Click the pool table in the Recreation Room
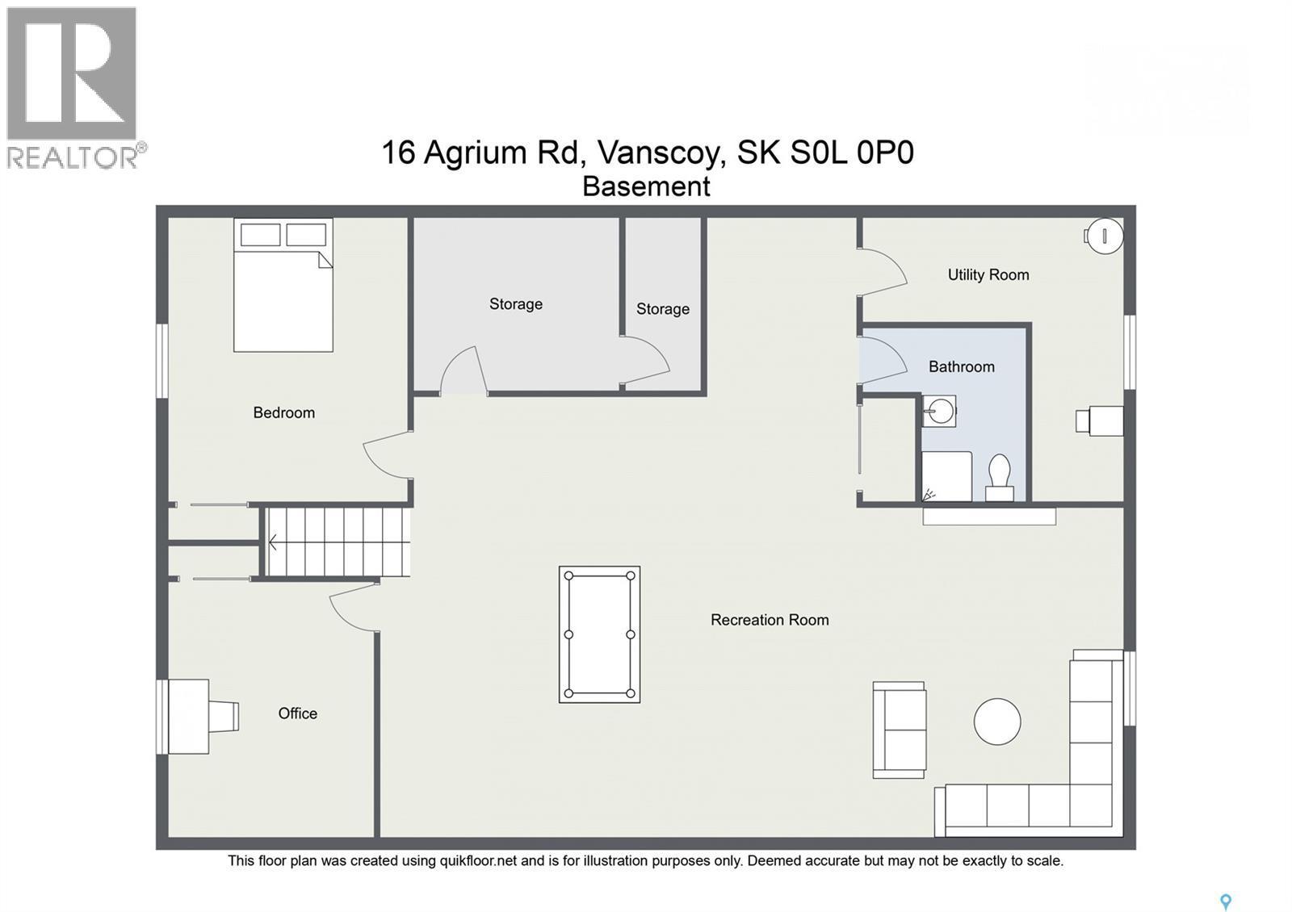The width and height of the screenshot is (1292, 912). click(599, 634)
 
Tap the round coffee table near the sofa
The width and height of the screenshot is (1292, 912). click(997, 721)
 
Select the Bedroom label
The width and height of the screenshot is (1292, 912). click(283, 412)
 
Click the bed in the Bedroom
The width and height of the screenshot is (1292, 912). click(283, 285)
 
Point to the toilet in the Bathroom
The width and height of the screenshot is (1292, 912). click(1000, 479)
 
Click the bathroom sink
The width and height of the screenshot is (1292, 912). click(938, 412)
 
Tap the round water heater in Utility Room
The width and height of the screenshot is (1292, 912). click(1104, 236)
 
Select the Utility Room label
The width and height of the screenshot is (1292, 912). click(988, 274)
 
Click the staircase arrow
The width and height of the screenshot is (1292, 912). click(273, 542)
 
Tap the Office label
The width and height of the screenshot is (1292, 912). click(297, 713)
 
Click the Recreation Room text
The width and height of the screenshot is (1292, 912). click(769, 620)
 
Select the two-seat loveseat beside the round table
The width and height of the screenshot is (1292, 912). click(900, 730)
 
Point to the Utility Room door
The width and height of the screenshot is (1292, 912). click(883, 270)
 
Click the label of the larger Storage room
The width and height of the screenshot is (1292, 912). click(515, 304)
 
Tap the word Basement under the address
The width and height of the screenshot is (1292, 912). click(646, 186)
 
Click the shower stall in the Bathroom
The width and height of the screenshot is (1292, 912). click(946, 476)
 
